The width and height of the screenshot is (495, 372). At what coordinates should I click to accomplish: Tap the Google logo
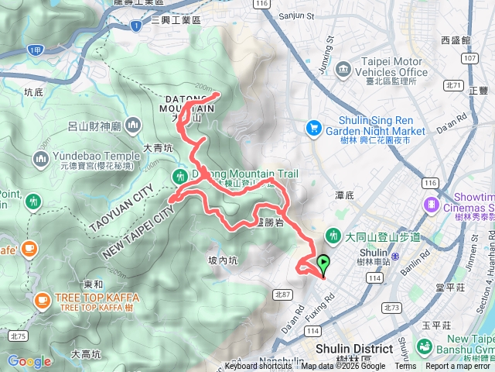pos(29,361)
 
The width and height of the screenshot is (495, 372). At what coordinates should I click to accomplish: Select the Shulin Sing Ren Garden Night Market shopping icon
pos(314,126)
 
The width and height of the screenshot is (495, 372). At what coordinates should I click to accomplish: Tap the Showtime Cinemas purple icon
pos(430,205)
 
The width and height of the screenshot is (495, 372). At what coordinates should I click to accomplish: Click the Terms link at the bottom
pos(405,367)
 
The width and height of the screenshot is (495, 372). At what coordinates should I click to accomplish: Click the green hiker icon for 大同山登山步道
pos(334,234)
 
